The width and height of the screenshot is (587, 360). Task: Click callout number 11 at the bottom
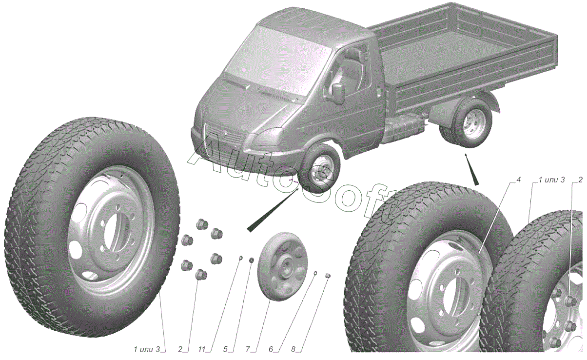(202, 349)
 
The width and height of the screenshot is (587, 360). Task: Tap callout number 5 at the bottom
(225, 349)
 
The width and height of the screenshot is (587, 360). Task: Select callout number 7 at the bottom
(248, 349)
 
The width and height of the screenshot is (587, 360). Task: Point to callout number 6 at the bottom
(271, 349)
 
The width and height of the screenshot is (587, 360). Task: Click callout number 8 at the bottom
(293, 349)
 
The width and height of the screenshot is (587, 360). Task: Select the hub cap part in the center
(282, 267)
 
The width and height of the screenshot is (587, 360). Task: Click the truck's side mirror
(338, 94)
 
